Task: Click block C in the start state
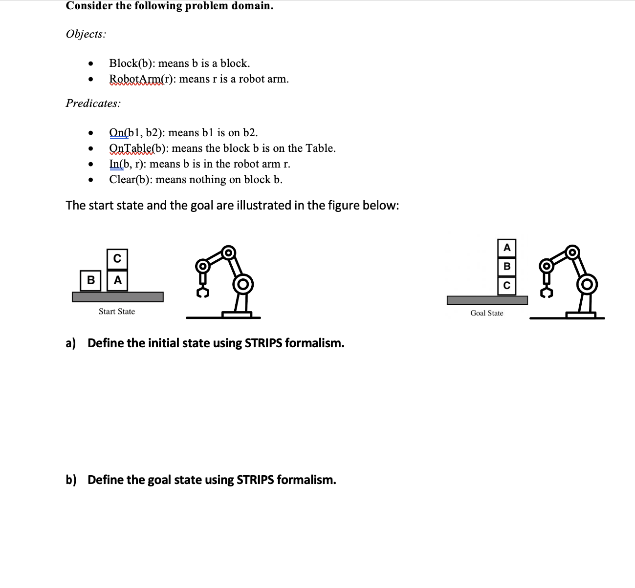tap(117, 258)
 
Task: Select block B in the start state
tap(91, 280)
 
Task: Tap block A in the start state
tap(117, 280)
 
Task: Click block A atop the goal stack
tap(507, 248)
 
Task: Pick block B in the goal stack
tap(507, 266)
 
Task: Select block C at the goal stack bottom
tap(507, 285)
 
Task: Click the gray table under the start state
tap(117, 297)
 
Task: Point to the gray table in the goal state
tap(487, 300)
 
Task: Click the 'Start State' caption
tap(117, 312)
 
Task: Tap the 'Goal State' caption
tap(486, 313)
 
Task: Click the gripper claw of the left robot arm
tap(203, 292)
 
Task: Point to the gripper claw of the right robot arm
tap(547, 292)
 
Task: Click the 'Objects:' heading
tap(86, 34)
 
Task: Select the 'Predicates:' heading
tap(93, 104)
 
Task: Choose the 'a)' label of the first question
tap(71, 343)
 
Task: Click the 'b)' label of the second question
tap(71, 480)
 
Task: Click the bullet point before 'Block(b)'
tap(90, 64)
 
